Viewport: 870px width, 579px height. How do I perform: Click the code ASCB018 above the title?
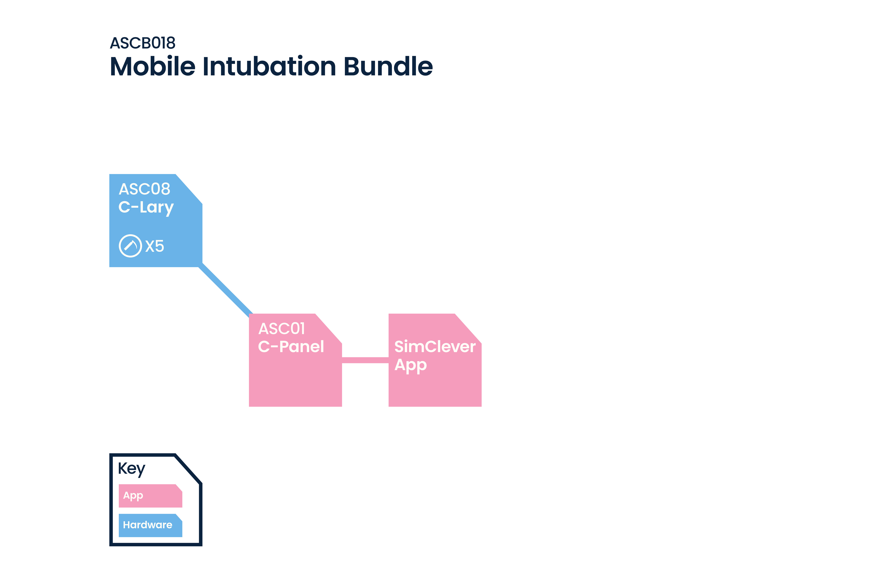click(142, 43)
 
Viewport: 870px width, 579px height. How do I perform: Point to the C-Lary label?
click(146, 208)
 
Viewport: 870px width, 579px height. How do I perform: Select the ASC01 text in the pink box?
click(282, 329)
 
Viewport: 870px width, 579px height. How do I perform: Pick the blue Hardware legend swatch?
click(150, 525)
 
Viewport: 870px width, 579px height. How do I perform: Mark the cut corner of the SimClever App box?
click(468, 328)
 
